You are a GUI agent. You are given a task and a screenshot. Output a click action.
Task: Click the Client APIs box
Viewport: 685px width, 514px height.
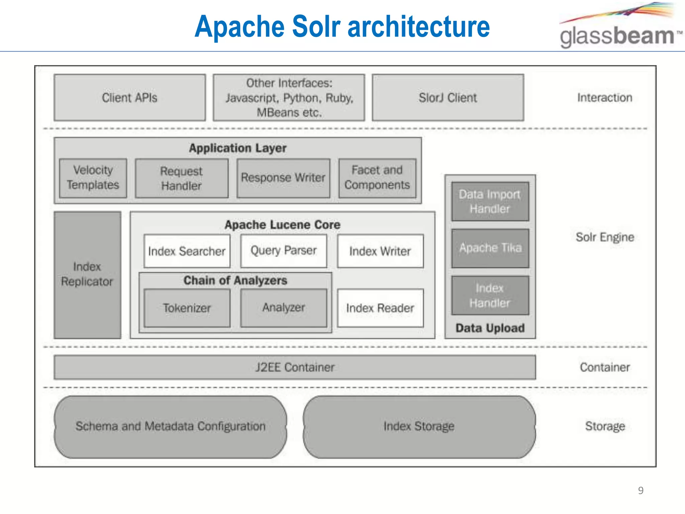tap(129, 97)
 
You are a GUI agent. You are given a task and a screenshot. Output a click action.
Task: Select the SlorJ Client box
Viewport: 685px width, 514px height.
tap(448, 97)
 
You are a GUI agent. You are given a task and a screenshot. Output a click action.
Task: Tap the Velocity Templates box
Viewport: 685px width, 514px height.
tap(93, 178)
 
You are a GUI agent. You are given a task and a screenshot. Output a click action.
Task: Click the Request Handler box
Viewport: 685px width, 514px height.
tap(182, 178)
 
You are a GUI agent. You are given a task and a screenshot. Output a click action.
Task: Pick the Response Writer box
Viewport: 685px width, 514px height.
tap(283, 178)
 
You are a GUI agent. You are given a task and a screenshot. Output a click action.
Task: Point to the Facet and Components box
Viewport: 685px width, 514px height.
tap(377, 178)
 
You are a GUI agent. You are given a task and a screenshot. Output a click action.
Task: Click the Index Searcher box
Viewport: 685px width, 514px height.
tap(187, 251)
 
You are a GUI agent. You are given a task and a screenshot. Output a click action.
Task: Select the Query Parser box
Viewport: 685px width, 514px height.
tap(283, 251)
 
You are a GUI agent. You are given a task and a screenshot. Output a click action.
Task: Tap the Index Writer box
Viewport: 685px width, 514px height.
tap(380, 251)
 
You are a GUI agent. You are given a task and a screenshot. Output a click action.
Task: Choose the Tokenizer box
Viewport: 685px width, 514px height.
tap(187, 308)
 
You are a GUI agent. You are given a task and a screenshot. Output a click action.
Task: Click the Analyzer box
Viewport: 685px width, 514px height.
tap(283, 308)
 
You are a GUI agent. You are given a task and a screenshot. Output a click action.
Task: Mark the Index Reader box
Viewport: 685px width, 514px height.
tap(380, 308)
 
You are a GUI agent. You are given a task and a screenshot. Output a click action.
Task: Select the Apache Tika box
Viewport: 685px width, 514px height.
tap(490, 248)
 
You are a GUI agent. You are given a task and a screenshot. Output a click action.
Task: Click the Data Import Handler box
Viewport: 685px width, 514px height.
tap(490, 201)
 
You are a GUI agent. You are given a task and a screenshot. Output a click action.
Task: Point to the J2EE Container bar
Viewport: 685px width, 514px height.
tap(294, 367)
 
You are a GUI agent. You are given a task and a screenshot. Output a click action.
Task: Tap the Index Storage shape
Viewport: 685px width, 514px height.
tap(419, 426)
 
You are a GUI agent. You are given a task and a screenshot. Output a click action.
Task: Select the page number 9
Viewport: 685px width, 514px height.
tap(641, 491)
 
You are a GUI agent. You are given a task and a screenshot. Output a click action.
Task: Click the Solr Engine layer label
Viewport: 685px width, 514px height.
tap(604, 237)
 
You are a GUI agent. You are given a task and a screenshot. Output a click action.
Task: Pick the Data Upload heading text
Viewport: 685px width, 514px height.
tap(490, 328)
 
